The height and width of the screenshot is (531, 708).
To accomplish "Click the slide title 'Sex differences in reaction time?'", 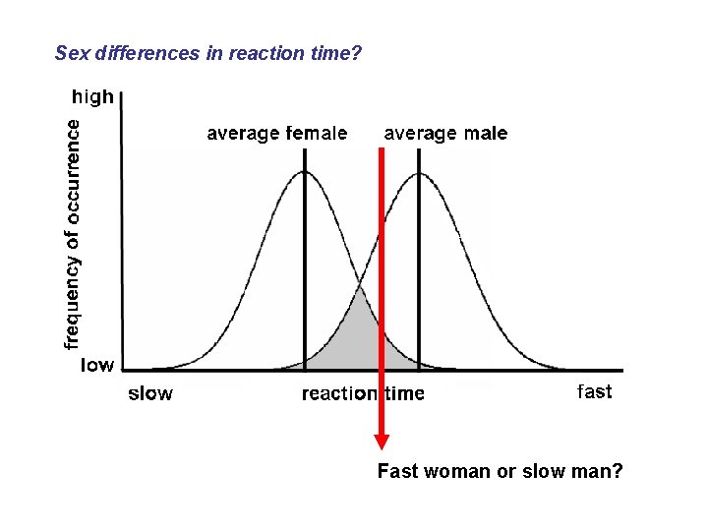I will [208, 53].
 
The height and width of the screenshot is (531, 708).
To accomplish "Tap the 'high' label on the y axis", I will [93, 97].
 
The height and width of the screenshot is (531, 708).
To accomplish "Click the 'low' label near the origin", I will [96, 365].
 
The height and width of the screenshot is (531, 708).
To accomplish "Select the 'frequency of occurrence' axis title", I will [72, 233].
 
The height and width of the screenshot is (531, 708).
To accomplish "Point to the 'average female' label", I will [276, 134].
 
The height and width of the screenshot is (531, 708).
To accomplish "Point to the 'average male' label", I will [445, 134].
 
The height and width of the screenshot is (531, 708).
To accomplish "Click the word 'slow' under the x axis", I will [150, 394].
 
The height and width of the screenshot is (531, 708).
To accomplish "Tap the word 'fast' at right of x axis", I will [594, 392].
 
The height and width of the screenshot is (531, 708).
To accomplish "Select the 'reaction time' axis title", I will [363, 394].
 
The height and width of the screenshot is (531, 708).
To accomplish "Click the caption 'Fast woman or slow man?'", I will [500, 472].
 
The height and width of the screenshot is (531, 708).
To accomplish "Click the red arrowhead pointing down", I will [382, 442].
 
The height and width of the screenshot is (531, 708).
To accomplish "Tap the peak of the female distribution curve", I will [305, 173].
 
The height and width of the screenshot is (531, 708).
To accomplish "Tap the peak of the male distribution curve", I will [420, 174].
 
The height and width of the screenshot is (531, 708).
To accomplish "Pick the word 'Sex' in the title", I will [72, 53].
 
